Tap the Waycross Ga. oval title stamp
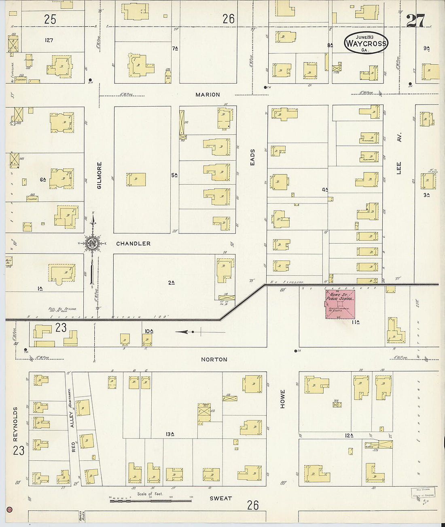click(366, 43)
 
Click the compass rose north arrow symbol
click(93, 243)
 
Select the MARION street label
click(208, 94)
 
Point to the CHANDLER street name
click(133, 244)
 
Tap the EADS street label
click(252, 157)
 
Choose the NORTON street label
click(214, 359)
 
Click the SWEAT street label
click(220, 498)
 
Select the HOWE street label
click(282, 399)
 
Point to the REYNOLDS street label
click(15, 424)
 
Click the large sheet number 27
click(415, 20)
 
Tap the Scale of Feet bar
click(150, 500)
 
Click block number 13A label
click(170, 434)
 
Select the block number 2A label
click(171, 283)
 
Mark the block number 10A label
click(149, 331)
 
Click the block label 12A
click(349, 435)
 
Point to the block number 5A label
click(174, 175)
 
